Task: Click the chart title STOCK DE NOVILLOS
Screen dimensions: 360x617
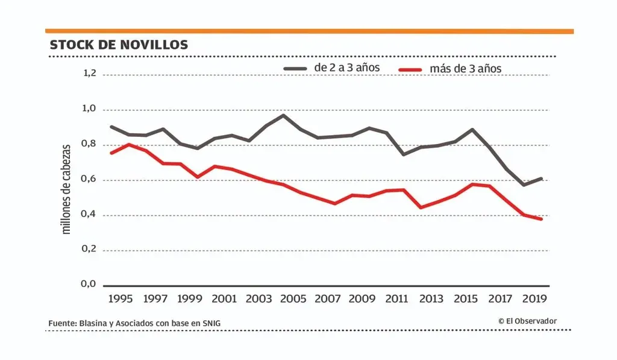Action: click(119, 45)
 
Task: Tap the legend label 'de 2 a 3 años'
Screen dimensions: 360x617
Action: click(347, 68)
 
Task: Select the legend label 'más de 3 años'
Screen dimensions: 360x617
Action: click(465, 69)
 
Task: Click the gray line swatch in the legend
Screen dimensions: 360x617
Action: click(295, 68)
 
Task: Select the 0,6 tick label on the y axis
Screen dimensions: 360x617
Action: click(89, 179)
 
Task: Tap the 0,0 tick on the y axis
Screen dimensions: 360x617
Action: click(89, 284)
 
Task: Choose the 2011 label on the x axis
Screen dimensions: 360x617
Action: click(396, 298)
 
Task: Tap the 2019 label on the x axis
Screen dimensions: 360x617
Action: click(534, 298)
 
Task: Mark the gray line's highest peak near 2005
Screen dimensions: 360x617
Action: click(283, 115)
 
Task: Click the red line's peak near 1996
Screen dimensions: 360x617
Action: click(129, 144)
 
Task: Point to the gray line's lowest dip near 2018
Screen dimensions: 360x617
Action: click(523, 185)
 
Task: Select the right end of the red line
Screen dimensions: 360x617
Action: click(541, 219)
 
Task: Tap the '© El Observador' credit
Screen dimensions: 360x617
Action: click(527, 321)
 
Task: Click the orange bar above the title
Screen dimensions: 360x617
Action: click(309, 31)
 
